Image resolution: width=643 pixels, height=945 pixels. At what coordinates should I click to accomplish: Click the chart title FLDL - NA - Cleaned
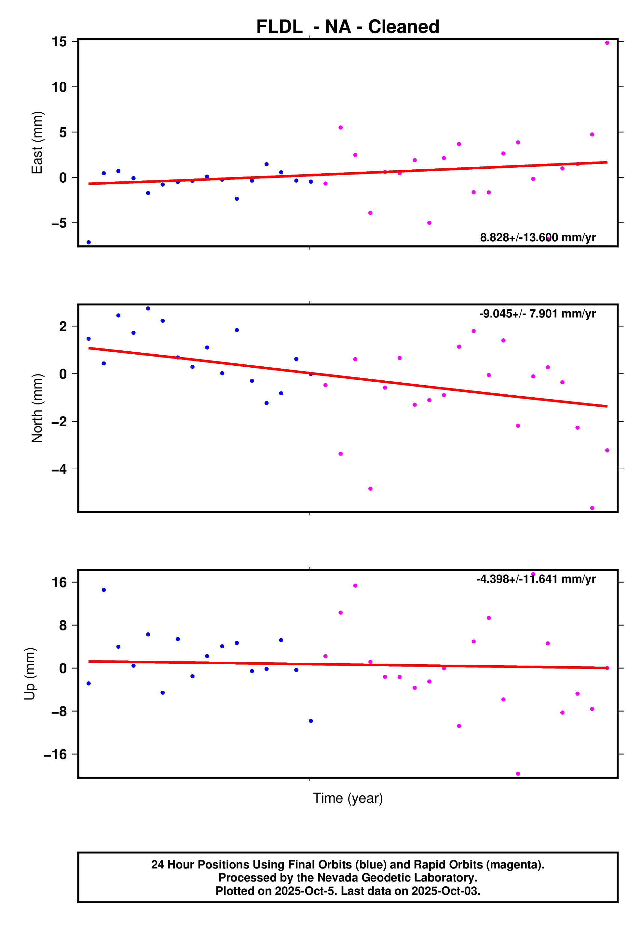pyautogui.click(x=348, y=27)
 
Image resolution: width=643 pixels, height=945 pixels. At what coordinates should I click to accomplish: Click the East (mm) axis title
pyautogui.click(x=37, y=142)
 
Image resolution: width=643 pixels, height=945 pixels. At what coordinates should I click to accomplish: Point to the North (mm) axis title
pyautogui.click(x=37, y=408)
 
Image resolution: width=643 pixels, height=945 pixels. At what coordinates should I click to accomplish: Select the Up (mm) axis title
pyautogui.click(x=30, y=673)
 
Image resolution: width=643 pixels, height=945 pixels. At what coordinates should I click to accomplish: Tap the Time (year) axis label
pyautogui.click(x=348, y=798)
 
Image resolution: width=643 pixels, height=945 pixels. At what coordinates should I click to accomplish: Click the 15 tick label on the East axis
pyautogui.click(x=59, y=41)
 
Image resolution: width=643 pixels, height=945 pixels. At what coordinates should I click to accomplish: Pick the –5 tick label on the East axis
pyautogui.click(x=59, y=223)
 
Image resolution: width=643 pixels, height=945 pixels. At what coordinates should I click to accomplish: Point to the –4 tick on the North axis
pyautogui.click(x=59, y=469)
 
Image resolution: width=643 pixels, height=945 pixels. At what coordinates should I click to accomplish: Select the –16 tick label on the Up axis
pyautogui.click(x=55, y=754)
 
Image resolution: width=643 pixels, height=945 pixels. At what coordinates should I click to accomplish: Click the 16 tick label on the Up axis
pyautogui.click(x=59, y=582)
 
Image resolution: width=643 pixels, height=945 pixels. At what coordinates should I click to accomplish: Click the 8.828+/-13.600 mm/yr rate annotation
pyautogui.click(x=537, y=237)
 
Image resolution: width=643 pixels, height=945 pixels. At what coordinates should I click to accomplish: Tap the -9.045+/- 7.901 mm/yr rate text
pyautogui.click(x=537, y=314)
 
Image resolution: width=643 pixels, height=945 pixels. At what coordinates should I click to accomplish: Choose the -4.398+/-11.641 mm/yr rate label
pyautogui.click(x=536, y=579)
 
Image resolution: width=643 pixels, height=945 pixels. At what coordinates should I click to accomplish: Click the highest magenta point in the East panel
pyautogui.click(x=607, y=43)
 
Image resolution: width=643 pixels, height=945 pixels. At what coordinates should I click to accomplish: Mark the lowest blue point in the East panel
pyautogui.click(x=89, y=242)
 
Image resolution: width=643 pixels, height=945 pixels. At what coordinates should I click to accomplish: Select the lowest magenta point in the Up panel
pyautogui.click(x=518, y=774)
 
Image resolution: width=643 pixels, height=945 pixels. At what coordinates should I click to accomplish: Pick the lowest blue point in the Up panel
pyautogui.click(x=311, y=721)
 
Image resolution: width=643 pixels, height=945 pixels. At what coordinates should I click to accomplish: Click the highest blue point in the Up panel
pyautogui.click(x=104, y=590)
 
